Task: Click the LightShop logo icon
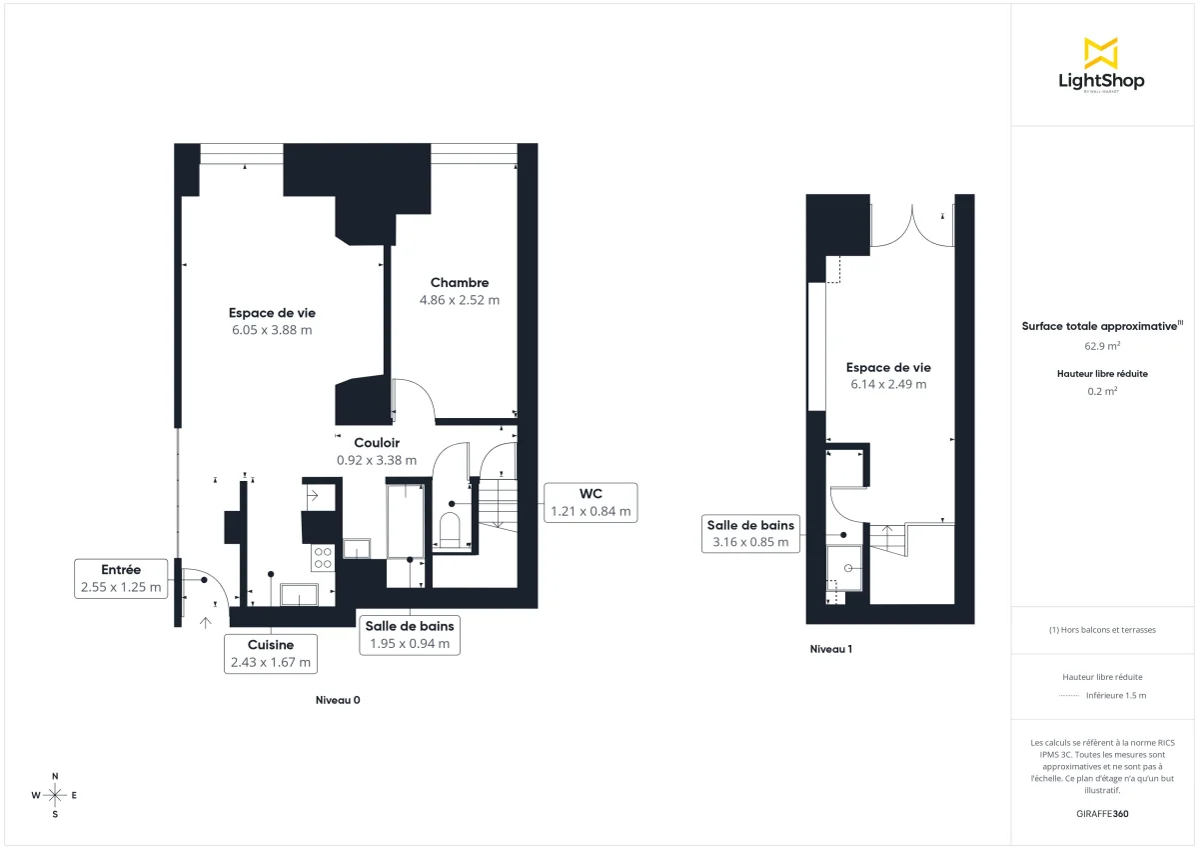coord(1101,53)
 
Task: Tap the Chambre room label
coord(460,282)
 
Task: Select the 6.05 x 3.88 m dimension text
coord(272,330)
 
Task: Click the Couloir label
coord(377,442)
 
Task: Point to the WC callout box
coord(591,502)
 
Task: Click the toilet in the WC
coord(449,529)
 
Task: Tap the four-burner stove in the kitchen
coord(323,557)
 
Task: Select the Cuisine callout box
coord(271,653)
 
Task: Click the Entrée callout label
coord(121,578)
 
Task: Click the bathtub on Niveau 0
coord(406,520)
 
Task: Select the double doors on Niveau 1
coord(911,226)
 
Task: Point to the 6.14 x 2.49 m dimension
coord(888,384)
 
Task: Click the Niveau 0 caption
coord(337,700)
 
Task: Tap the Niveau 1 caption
coord(831,649)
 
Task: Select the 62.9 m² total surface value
coord(1102,346)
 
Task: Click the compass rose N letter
coord(55,776)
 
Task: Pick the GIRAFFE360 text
coord(1102,814)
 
